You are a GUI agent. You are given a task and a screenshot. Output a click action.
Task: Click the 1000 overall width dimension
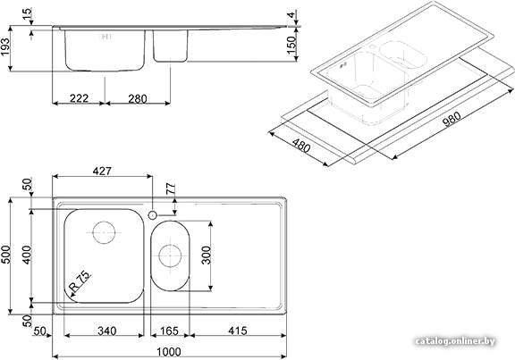click(x=168, y=352)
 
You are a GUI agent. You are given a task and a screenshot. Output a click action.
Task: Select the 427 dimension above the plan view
click(x=102, y=171)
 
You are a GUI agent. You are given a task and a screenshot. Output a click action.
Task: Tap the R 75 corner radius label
click(x=80, y=281)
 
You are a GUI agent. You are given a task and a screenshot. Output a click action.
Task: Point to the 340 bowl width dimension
click(x=106, y=331)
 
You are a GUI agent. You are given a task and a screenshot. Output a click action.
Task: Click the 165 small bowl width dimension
click(x=169, y=331)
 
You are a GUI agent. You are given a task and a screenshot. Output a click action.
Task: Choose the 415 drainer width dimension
click(x=238, y=331)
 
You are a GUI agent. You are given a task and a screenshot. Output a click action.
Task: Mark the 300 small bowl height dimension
click(x=207, y=255)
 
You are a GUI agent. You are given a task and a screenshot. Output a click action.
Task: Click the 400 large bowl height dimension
click(x=26, y=255)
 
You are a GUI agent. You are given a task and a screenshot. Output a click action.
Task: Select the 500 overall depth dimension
click(x=6, y=255)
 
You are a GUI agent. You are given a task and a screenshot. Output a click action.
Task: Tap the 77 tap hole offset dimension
click(x=171, y=189)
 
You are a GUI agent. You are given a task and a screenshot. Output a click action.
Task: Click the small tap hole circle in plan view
click(x=152, y=215)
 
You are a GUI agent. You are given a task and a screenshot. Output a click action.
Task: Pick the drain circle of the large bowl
click(x=104, y=232)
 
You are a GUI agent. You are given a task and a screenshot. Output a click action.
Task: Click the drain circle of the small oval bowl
click(x=170, y=255)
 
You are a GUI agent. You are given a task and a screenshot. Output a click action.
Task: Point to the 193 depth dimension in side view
click(x=5, y=47)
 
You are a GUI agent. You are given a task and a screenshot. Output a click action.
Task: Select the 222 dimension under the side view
click(x=80, y=98)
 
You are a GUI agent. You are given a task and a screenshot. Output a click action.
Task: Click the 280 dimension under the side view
click(x=138, y=98)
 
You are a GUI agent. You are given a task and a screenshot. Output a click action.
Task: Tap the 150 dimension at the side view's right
click(x=291, y=45)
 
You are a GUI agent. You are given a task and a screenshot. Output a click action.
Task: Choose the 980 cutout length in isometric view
click(x=452, y=119)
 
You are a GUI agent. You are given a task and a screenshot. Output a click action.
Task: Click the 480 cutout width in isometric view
click(x=301, y=146)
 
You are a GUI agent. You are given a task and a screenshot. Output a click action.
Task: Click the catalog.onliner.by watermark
click(x=455, y=341)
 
